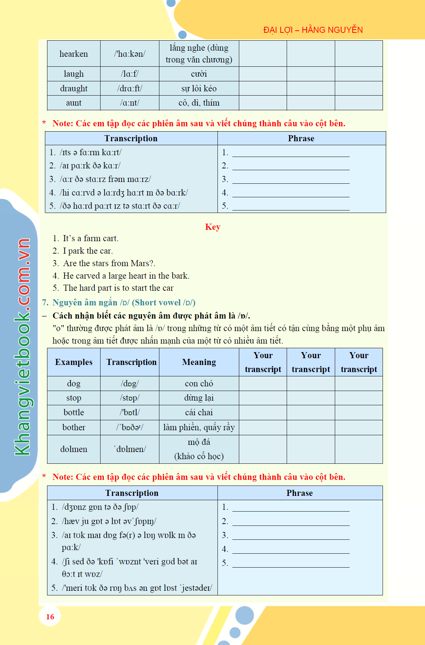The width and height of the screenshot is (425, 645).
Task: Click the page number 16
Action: [x=50, y=616]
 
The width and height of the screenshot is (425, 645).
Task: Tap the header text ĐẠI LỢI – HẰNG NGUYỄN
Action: [x=313, y=30]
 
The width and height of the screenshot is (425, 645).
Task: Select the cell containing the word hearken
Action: [x=73, y=54]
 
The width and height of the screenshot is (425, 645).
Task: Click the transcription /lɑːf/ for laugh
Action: [x=129, y=74]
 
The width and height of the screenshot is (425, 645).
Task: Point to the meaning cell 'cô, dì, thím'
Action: [x=199, y=103]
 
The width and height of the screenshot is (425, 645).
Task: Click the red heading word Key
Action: [x=212, y=227]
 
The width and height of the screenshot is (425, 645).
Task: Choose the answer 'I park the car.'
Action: [x=88, y=251]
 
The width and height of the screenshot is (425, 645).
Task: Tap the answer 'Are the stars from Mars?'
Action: [x=109, y=263]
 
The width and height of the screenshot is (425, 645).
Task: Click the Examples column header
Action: [x=73, y=362]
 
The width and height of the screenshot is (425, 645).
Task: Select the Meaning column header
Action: [x=199, y=362]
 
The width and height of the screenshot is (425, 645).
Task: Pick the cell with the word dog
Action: [x=73, y=384]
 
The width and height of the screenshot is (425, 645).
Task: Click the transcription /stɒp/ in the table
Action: [x=129, y=398]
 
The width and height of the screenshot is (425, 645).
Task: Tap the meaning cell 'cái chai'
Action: [x=199, y=412]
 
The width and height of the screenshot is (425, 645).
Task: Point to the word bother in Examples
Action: [x=73, y=427]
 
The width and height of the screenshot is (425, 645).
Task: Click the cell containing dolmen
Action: [x=73, y=449]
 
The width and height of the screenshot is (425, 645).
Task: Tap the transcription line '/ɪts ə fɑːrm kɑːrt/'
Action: [x=91, y=152]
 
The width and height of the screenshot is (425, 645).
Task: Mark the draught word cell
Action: [x=73, y=88]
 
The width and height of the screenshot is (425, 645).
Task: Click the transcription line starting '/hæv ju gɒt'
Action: [x=109, y=521]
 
